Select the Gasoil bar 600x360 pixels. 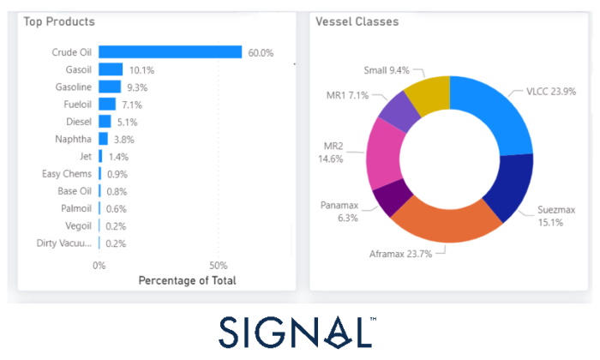111,69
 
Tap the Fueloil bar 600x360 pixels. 107,104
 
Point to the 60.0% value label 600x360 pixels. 261,53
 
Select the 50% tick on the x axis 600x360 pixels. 219,265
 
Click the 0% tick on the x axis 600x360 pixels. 99,265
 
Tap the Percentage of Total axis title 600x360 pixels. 187,280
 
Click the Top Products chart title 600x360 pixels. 60,21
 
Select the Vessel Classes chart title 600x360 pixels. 357,21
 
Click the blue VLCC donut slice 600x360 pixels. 483,112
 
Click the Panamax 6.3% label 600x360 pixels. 339,212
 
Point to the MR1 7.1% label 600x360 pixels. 347,94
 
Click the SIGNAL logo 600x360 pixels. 298,332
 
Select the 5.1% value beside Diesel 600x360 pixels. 127,122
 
